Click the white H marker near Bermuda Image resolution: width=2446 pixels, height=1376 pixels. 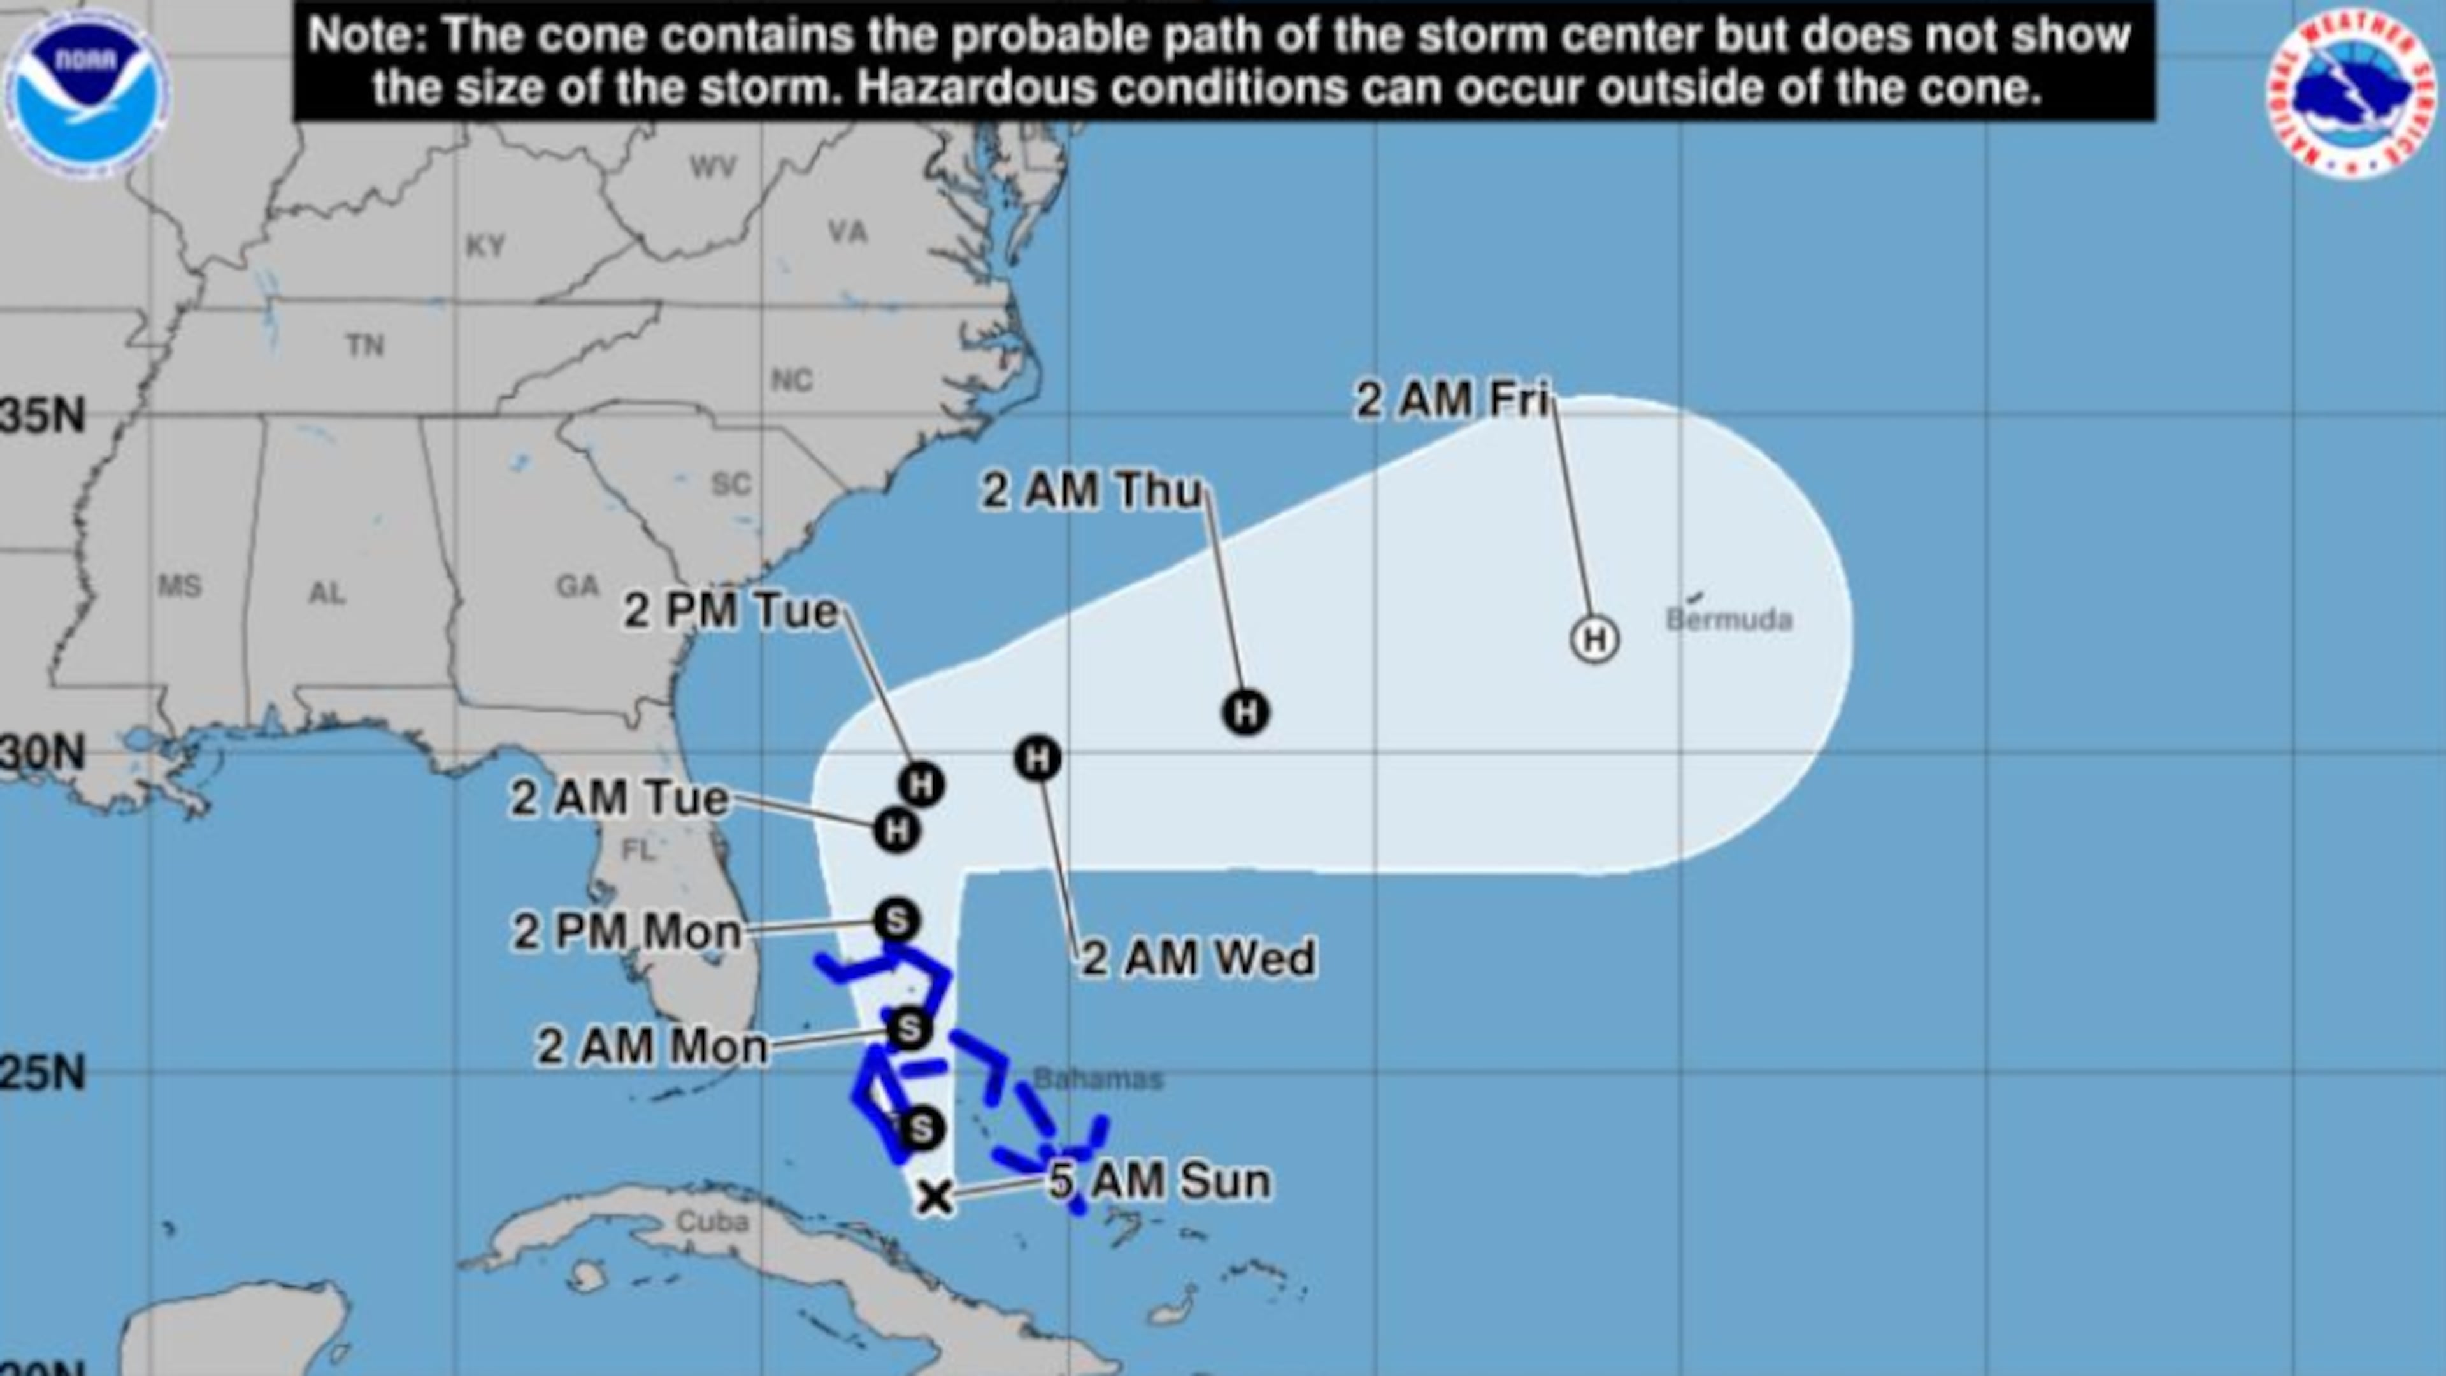pyautogui.click(x=1594, y=639)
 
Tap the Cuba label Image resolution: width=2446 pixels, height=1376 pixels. pyautogui.click(x=712, y=1221)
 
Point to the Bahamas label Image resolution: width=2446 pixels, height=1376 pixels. pyautogui.click(x=1098, y=1079)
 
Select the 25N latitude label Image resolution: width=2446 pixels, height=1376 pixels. pyautogui.click(x=43, y=1073)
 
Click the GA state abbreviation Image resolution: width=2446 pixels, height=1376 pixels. pyautogui.click(x=577, y=586)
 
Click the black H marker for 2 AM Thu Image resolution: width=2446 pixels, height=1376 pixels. pyautogui.click(x=1246, y=712)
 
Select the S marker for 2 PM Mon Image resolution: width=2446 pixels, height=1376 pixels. pyautogui.click(x=896, y=919)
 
